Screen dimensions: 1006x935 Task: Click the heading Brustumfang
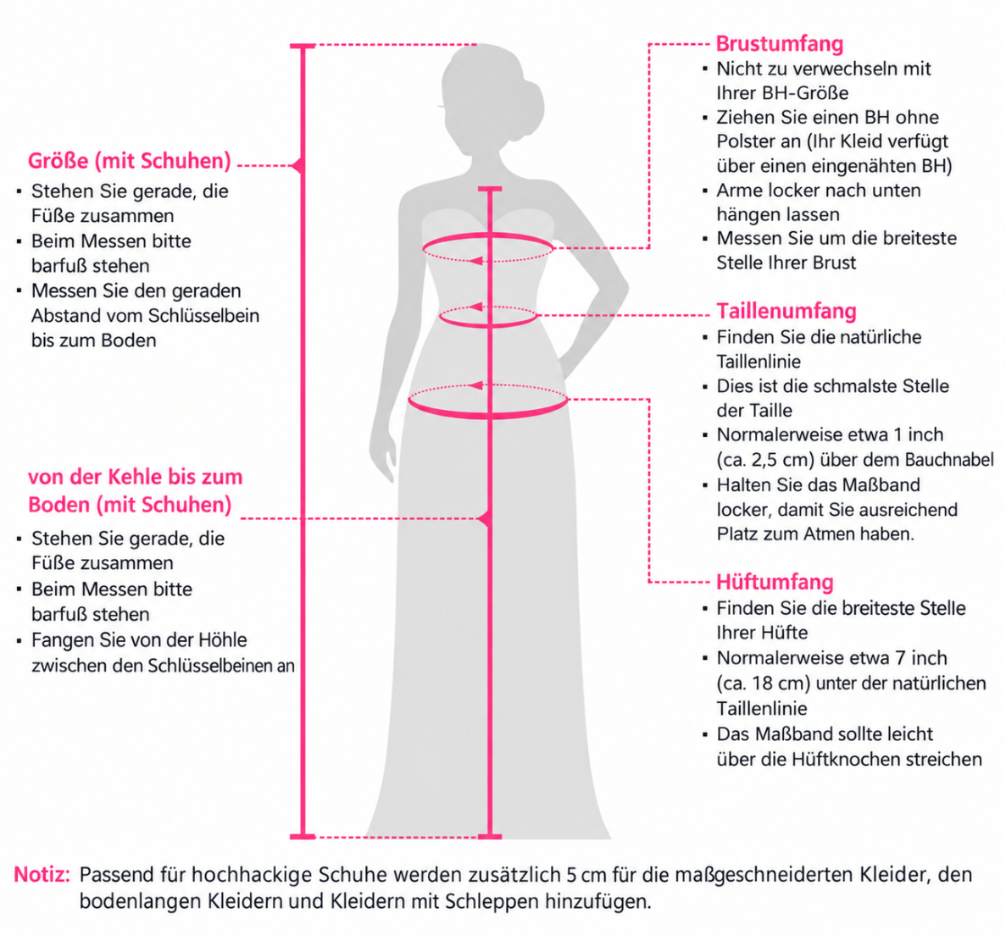[x=780, y=44]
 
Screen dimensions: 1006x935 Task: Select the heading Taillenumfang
[x=786, y=311]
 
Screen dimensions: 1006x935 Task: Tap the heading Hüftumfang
[x=775, y=583]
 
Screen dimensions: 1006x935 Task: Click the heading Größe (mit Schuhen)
[x=129, y=161]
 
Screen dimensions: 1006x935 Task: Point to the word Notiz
[x=42, y=875]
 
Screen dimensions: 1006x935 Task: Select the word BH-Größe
[x=804, y=93]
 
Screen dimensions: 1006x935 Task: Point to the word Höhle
[x=222, y=640]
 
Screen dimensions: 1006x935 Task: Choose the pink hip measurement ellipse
[x=488, y=416]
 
